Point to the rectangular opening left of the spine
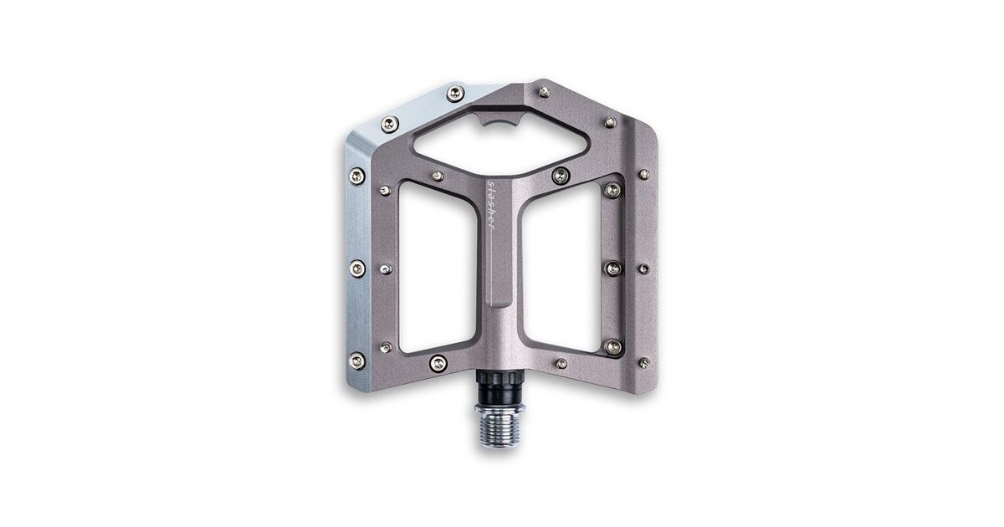click(x=437, y=268)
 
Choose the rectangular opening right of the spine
click(x=561, y=268)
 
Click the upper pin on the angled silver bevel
click(x=455, y=94)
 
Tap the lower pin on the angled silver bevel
click(x=390, y=124)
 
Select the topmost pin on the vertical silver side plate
click(x=356, y=177)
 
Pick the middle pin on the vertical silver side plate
click(x=357, y=269)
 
